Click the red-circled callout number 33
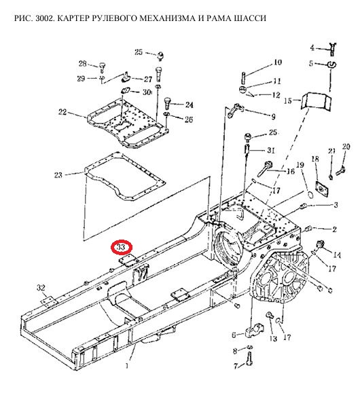[121, 247]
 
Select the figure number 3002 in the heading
[44, 18]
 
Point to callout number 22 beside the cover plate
[62, 112]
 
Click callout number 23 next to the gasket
[58, 174]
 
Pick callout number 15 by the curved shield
[288, 100]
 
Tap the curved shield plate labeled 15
[316, 100]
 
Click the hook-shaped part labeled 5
[331, 64]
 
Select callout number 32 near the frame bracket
[41, 288]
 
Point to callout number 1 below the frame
[127, 365]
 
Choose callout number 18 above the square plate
[315, 159]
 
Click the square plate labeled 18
[322, 188]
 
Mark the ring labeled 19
[310, 195]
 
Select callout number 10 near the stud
[278, 62]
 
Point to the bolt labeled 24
[168, 103]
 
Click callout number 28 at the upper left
[83, 64]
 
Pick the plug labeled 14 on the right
[321, 244]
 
